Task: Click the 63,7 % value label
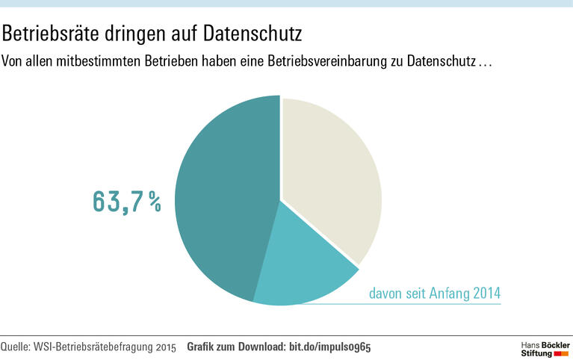click(126, 202)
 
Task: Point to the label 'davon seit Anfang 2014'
click(434, 293)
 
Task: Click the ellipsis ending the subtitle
click(485, 61)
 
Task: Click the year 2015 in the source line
click(167, 347)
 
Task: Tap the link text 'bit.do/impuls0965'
click(330, 347)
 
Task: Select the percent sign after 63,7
click(153, 202)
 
